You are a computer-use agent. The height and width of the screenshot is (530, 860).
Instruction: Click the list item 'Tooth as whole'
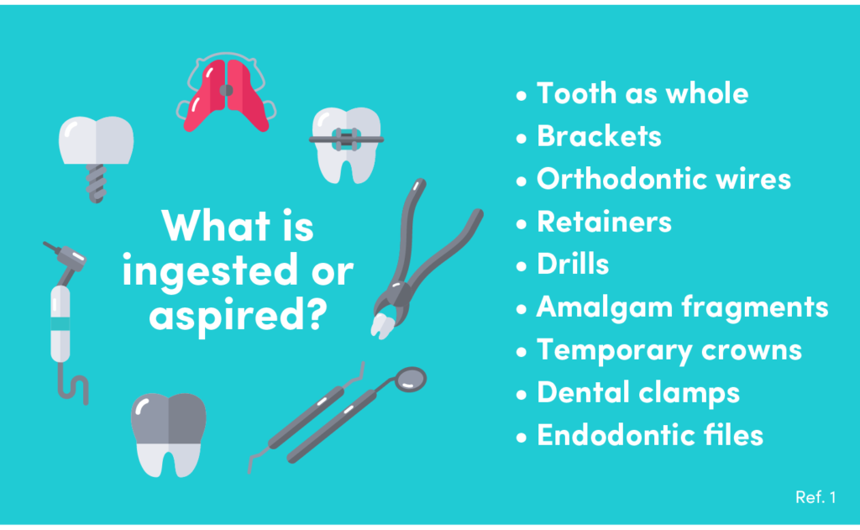(642, 93)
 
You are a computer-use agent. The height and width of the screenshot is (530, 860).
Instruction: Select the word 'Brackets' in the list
(599, 136)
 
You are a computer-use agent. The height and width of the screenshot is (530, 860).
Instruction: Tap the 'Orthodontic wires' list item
(663, 179)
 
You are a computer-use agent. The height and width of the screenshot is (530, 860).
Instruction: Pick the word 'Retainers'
(604, 222)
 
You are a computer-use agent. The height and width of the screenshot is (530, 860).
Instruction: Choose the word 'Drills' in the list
(573, 265)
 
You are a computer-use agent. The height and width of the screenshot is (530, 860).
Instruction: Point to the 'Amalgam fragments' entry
(682, 307)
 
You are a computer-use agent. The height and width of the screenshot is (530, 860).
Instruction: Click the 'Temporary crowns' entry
(669, 350)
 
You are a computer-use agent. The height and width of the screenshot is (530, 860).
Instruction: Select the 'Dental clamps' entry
(638, 393)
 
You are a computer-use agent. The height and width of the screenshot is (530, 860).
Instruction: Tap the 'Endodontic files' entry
(650, 436)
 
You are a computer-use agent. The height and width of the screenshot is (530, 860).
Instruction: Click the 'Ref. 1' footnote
(815, 498)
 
